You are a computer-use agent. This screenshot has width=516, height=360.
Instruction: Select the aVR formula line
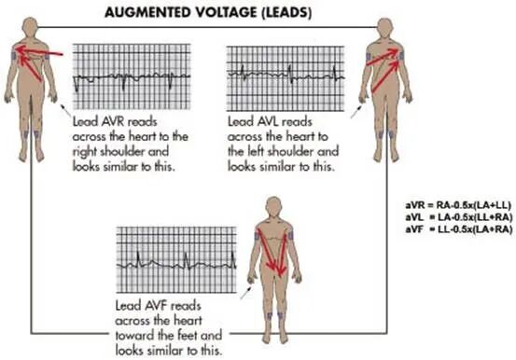coord(458,205)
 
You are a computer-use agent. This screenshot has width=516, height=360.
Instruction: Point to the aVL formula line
coord(459,217)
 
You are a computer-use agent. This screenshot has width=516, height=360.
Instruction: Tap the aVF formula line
coord(459,228)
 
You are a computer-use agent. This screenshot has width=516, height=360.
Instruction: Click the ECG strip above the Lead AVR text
coord(132,76)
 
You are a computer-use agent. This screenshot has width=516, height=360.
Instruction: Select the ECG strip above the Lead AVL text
coord(286,78)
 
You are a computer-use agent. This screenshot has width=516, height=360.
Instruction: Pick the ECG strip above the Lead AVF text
coord(176,259)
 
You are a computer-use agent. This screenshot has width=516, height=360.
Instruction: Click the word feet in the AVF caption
coord(187,336)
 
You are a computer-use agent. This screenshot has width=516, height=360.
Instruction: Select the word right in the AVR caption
coord(85,152)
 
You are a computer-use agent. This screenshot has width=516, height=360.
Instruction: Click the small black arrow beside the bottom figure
coord(245,292)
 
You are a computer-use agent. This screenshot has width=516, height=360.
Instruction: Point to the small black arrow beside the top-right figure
coord(356,111)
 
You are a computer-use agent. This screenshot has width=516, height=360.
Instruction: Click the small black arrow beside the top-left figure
coord(65,110)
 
